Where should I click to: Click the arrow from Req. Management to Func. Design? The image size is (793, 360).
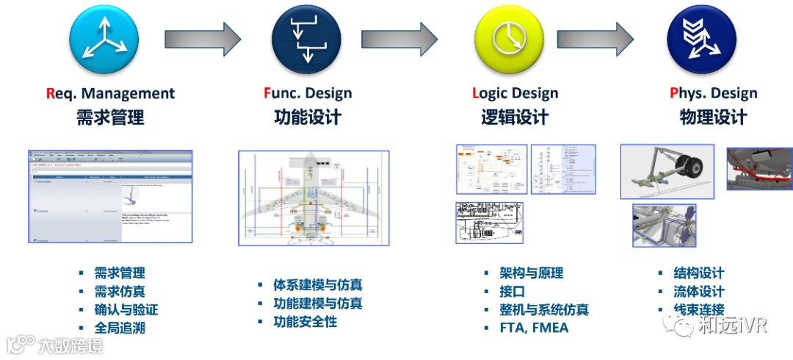point(202,34)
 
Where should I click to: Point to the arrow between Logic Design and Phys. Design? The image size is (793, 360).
point(595,34)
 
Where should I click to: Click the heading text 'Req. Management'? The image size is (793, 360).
point(110,93)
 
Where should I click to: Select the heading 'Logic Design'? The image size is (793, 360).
point(515,93)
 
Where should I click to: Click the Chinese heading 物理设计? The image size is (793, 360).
point(713,117)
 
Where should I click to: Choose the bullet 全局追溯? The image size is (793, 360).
point(120,328)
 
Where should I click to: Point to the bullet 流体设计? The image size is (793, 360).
point(698,291)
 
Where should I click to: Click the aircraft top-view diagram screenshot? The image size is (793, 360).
point(314,198)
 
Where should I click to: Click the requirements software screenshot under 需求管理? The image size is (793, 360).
point(110,196)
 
